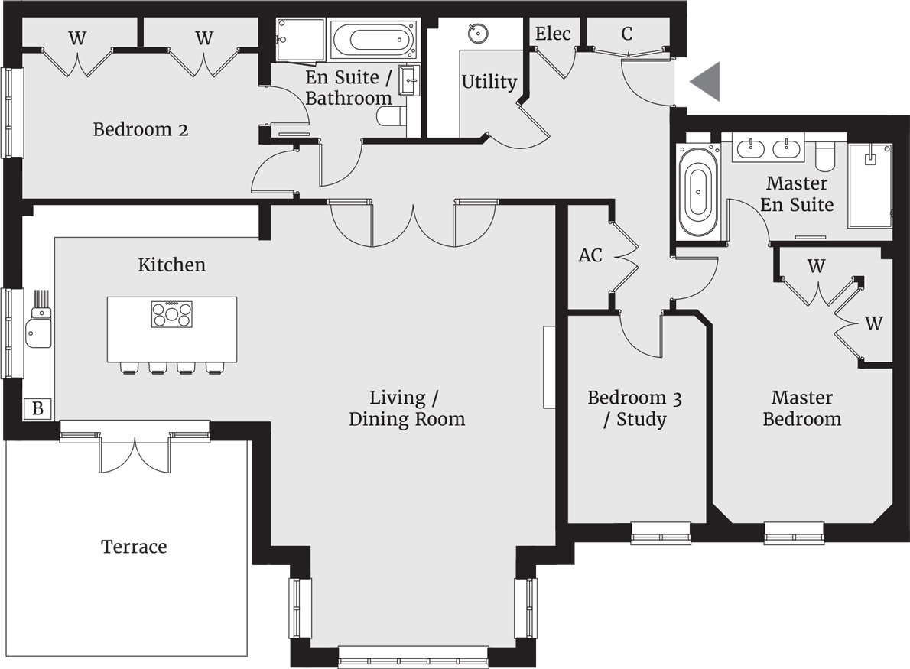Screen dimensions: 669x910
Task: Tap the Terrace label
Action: point(134,547)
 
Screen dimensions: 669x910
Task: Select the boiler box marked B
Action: point(37,409)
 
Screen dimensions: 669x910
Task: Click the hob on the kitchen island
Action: point(172,314)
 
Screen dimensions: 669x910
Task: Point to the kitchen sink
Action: point(34,332)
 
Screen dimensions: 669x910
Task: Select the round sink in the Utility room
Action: point(478,34)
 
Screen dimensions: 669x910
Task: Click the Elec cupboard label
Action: point(552,34)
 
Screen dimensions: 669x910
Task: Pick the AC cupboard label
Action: point(590,255)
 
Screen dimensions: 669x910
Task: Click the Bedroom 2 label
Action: point(141,129)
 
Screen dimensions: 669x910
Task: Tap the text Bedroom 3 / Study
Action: point(635,408)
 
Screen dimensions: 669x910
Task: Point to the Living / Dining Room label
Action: point(406,408)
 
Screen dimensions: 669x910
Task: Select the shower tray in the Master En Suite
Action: point(870,185)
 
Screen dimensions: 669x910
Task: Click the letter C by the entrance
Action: point(627,34)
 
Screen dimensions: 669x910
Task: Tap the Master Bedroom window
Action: point(794,532)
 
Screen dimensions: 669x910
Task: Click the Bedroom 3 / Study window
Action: point(661,532)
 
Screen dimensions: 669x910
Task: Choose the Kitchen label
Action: point(171,265)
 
